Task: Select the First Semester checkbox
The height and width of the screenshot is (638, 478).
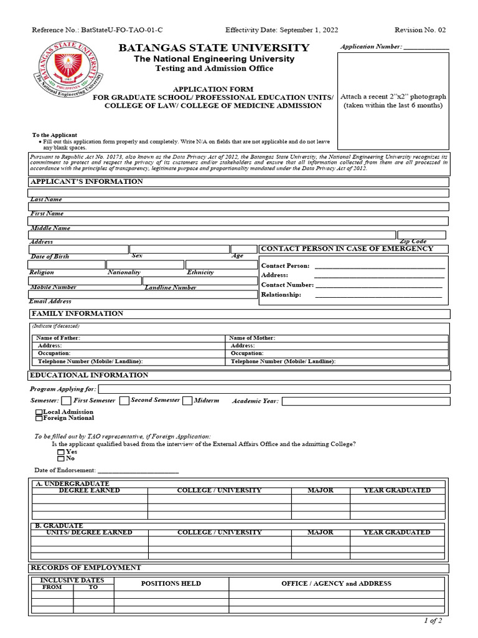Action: pos(66,401)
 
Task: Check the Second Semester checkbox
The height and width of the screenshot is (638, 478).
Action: pos(124,401)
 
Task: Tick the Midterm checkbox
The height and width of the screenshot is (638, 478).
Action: pos(187,401)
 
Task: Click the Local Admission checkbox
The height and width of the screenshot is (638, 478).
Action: pos(39,412)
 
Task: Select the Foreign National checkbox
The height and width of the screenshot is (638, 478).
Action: pos(39,419)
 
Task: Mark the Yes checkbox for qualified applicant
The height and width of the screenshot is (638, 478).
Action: pos(61,452)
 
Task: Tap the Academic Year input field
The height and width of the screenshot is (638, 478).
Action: pos(365,401)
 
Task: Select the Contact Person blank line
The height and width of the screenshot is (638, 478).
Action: pos(380,266)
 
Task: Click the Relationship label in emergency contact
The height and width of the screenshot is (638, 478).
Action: pos(281,295)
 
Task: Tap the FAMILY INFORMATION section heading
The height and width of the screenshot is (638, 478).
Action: pos(77,313)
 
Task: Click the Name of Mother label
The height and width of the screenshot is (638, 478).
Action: pos(252,338)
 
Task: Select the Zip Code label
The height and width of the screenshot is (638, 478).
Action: pos(413,241)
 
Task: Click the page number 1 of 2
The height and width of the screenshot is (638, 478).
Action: pos(433,621)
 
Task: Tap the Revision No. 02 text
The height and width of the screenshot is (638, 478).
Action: pos(420,30)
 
